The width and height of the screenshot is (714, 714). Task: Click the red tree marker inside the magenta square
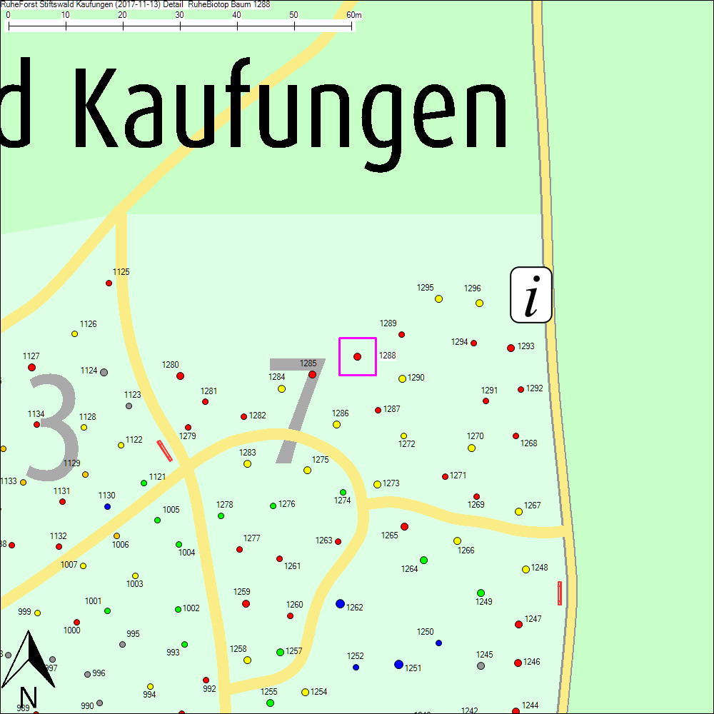pyautogui.click(x=357, y=356)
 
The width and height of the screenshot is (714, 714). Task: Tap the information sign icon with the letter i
pyautogui.click(x=531, y=295)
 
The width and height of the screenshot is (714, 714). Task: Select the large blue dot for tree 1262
pyautogui.click(x=340, y=603)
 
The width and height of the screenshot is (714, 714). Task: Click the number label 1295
pyautogui.click(x=425, y=288)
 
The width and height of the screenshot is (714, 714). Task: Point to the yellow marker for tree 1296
pyautogui.click(x=479, y=303)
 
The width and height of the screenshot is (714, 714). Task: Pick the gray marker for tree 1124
pyautogui.click(x=104, y=372)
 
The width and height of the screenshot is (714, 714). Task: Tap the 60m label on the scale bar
pyautogui.click(x=353, y=15)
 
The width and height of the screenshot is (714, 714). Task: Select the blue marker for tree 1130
pyautogui.click(x=107, y=506)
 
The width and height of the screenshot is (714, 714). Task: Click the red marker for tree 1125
pyautogui.click(x=109, y=283)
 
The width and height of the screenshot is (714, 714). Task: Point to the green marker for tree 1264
pyautogui.click(x=423, y=560)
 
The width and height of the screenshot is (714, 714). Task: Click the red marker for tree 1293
pyautogui.click(x=511, y=348)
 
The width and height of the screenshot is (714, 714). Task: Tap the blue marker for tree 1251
pyautogui.click(x=398, y=664)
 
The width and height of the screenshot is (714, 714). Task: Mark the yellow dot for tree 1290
pyautogui.click(x=402, y=378)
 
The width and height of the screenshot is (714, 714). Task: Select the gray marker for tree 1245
pyautogui.click(x=481, y=665)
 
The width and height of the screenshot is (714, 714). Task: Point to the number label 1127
pyautogui.click(x=31, y=356)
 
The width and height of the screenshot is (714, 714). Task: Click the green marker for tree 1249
pyautogui.click(x=481, y=593)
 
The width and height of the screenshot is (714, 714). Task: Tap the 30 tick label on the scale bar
pyautogui.click(x=180, y=15)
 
